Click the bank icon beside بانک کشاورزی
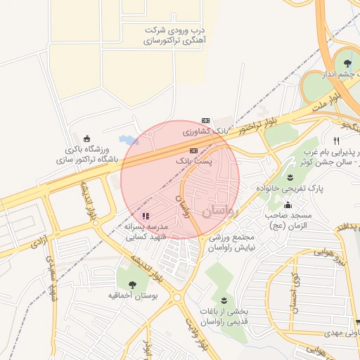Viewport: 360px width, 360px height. (205, 120)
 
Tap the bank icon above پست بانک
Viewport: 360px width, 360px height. (193, 150)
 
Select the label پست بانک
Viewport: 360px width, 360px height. (193, 161)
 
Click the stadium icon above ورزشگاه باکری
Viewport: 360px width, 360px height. (86, 138)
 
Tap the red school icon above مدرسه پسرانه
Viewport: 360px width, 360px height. (146, 216)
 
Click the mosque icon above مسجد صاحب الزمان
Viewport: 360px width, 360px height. (287, 205)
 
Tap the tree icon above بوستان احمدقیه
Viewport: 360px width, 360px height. (132, 284)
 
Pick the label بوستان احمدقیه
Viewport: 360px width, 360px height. (132, 297)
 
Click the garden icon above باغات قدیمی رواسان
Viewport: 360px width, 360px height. (224, 300)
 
